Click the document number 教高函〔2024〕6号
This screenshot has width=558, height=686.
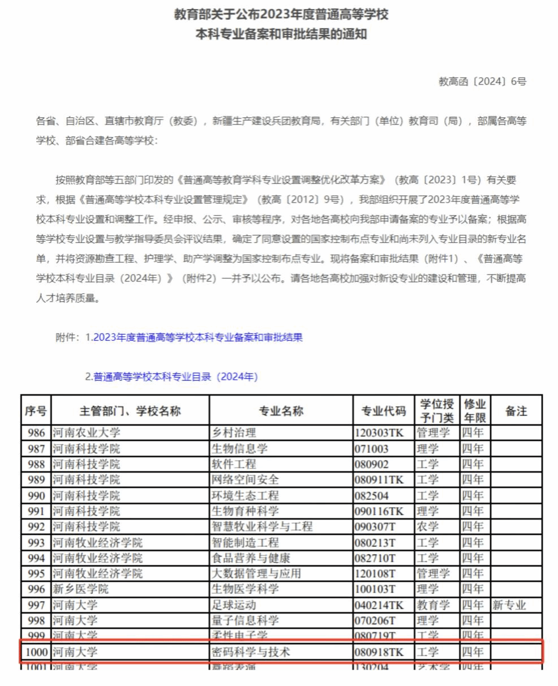[482, 82]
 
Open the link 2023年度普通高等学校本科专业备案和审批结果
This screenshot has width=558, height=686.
[198, 337]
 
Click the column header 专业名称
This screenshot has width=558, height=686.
[281, 411]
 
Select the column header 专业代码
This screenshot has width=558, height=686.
[384, 411]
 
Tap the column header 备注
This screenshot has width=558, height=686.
[516, 411]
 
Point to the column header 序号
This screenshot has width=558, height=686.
[36, 411]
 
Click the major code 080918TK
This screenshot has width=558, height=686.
[379, 652]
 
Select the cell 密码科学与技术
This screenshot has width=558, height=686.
[250, 652]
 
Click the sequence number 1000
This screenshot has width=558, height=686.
[37, 652]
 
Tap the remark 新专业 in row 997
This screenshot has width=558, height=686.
[509, 605]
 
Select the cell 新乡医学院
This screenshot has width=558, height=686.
[80, 589]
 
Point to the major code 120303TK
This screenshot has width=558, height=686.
[379, 433]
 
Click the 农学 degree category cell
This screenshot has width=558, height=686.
[427, 527]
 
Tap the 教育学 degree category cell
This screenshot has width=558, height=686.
[433, 605]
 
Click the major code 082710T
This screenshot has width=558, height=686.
[375, 558]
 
